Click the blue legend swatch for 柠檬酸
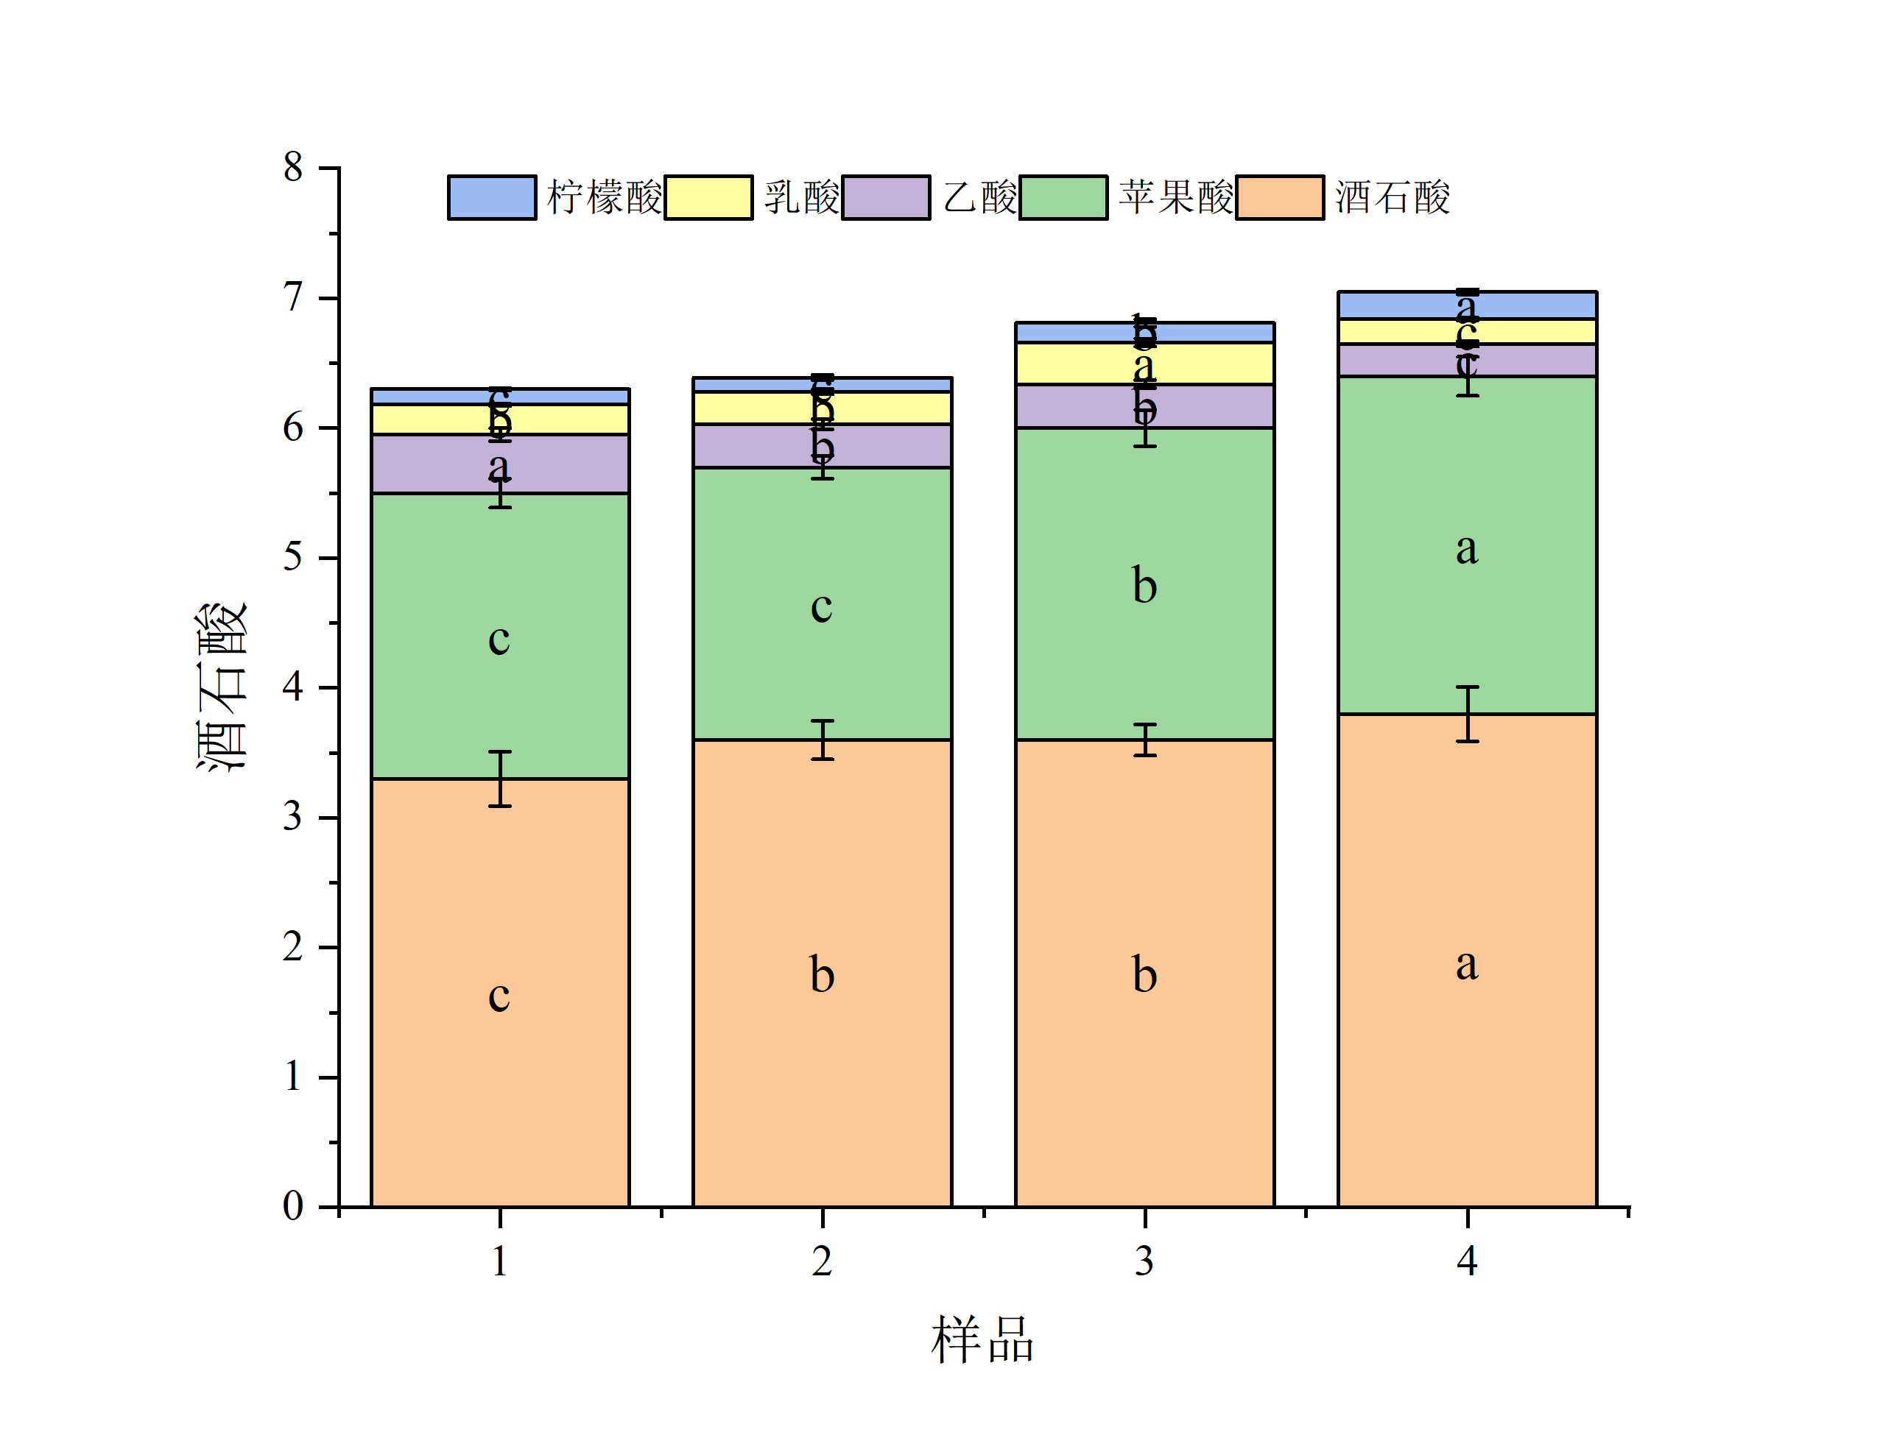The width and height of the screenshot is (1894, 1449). click(491, 197)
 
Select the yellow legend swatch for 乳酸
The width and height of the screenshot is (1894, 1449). click(708, 197)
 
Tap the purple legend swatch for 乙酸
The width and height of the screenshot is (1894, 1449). click(885, 197)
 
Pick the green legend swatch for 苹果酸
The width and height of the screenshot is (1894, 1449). click(1063, 197)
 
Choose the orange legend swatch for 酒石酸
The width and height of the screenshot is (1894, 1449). click(1280, 197)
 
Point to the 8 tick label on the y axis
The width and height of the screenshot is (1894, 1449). click(293, 167)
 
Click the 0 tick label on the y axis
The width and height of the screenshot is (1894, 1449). click(293, 1205)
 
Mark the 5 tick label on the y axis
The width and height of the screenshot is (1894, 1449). click(293, 557)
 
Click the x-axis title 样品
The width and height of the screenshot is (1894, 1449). click(983, 1340)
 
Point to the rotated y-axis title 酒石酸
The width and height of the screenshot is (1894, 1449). click(222, 687)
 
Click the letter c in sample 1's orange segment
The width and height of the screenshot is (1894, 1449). click(499, 997)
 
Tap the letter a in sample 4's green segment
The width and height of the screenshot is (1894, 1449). click(1467, 548)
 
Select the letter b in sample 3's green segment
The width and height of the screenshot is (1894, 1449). click(1144, 586)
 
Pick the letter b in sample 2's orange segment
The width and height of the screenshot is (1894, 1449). click(822, 976)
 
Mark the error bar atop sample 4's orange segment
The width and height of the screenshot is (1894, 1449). click(1467, 713)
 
